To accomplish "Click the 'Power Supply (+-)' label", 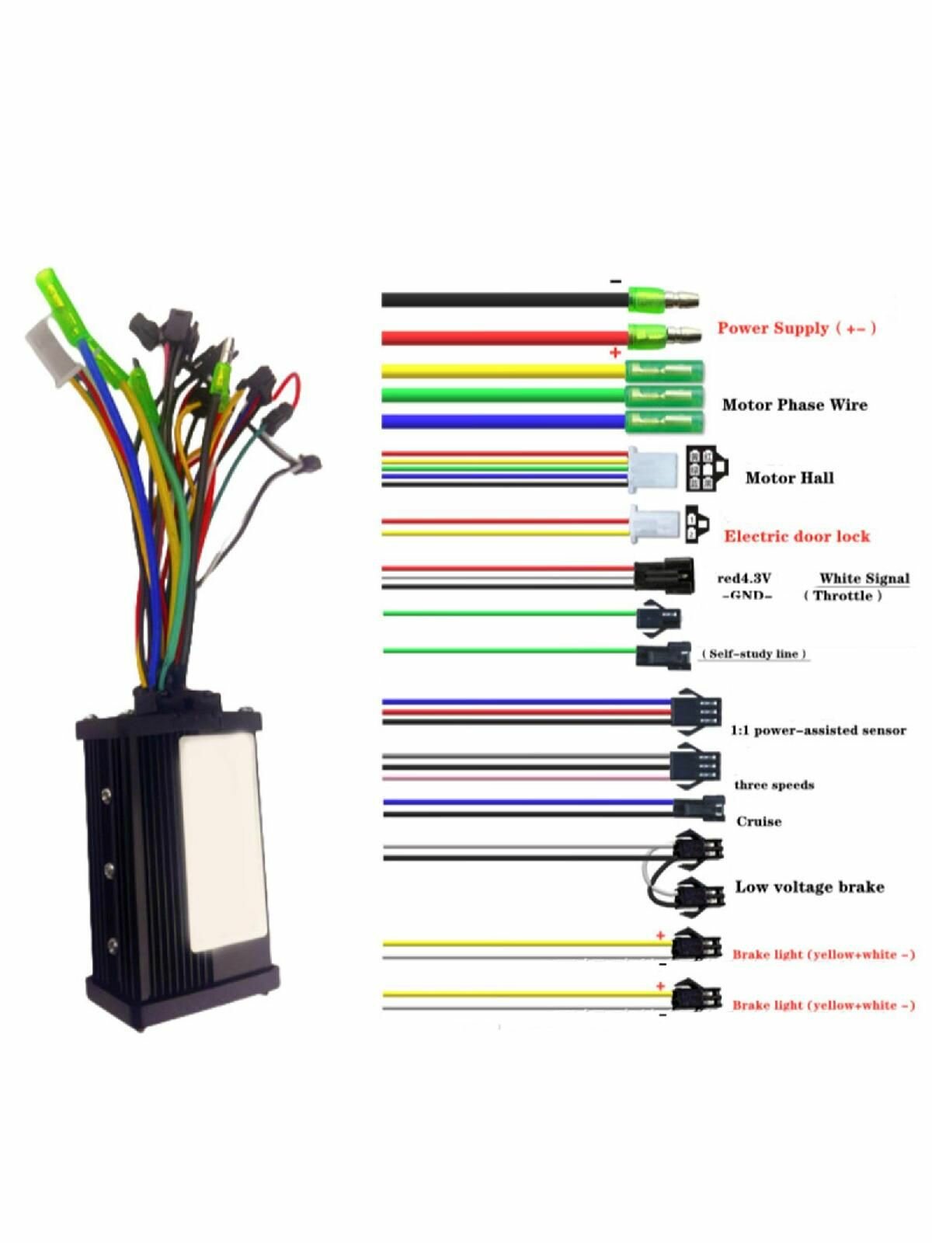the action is click(x=797, y=329).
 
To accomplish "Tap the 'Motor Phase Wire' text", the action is click(x=795, y=405).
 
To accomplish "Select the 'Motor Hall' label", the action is click(x=789, y=478).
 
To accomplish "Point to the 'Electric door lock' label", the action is click(x=797, y=536).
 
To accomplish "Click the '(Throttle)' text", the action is click(x=843, y=596).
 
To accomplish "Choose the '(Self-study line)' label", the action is click(x=754, y=654).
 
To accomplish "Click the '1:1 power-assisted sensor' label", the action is click(x=819, y=730).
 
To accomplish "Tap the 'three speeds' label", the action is click(x=774, y=785).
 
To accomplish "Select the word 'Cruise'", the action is click(x=759, y=822).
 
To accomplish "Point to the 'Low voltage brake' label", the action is click(x=810, y=887).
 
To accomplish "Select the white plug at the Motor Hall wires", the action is click(x=653, y=470).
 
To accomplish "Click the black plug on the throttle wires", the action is click(x=664, y=576).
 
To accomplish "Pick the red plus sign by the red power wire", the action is click(x=615, y=353).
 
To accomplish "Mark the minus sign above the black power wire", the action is click(x=616, y=281).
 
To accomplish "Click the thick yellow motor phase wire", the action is click(x=503, y=371).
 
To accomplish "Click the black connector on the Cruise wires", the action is click(x=700, y=808).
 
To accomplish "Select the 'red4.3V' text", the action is click(x=744, y=579).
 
